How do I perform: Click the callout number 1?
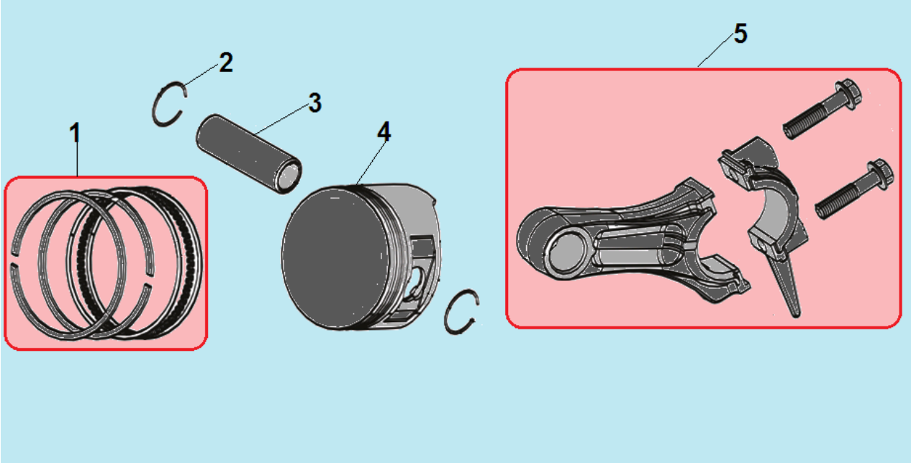pyautogui.click(x=75, y=133)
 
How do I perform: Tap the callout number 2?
pyautogui.click(x=226, y=63)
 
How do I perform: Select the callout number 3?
pyautogui.click(x=315, y=103)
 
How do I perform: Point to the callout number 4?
pyautogui.click(x=384, y=132)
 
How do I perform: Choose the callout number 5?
pyautogui.click(x=740, y=33)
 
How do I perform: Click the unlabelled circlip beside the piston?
pyautogui.click(x=448, y=313)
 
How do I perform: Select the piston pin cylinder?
pyautogui.click(x=249, y=155)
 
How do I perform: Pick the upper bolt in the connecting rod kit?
pyautogui.click(x=822, y=109)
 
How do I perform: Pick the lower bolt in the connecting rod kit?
pyautogui.click(x=854, y=189)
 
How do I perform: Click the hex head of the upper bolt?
pyautogui.click(x=848, y=93)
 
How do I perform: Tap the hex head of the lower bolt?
pyautogui.click(x=881, y=173)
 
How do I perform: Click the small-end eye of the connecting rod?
pyautogui.click(x=567, y=251)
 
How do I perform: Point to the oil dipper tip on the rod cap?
pyautogui.click(x=795, y=312)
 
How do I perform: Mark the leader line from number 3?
pyautogui.click(x=281, y=119)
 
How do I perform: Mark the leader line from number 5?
pyautogui.click(x=716, y=50)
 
